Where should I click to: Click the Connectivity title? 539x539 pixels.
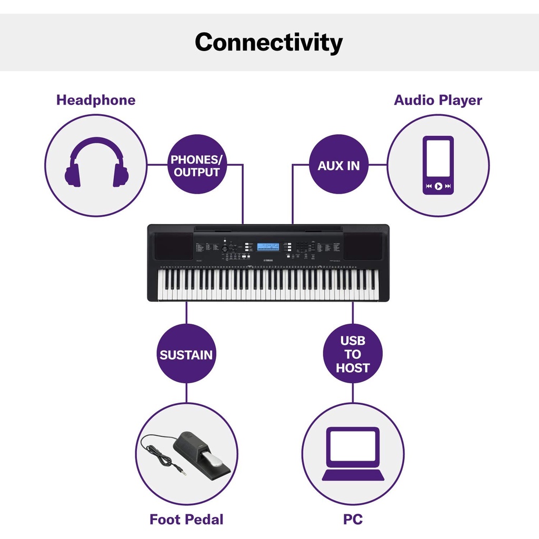pos(268,42)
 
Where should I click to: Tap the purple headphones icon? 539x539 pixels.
pos(96,163)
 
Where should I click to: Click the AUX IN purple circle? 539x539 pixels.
pos(338,165)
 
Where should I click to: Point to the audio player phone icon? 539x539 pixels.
pos(438,165)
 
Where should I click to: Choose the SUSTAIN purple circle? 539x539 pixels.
pos(186,354)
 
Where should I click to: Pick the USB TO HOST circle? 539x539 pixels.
pos(353,354)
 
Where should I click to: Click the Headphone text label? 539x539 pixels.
pos(96,100)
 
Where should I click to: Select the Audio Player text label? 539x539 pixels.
pos(438,100)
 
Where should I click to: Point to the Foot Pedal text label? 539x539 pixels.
pos(186,520)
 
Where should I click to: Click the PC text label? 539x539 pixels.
pos(353,520)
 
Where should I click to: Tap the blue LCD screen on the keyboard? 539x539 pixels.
pos(267,247)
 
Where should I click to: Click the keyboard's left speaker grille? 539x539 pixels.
pos(174,246)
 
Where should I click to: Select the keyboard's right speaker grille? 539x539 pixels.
pos(363,246)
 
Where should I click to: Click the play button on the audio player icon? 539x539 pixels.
pos(438,186)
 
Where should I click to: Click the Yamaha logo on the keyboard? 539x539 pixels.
pos(268,259)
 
